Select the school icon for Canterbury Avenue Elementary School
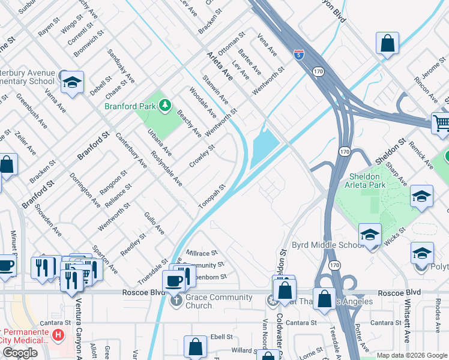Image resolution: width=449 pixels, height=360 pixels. [x=72, y=83]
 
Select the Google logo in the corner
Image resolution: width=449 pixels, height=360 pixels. [x=20, y=352]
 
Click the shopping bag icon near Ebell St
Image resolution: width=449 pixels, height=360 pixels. [x=195, y=346]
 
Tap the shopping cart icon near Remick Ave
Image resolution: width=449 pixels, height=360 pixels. [x=442, y=124]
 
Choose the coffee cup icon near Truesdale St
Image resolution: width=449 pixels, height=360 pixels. [x=174, y=281]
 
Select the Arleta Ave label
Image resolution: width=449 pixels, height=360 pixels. [x=219, y=65]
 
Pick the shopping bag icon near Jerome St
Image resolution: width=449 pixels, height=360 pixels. [x=388, y=43]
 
